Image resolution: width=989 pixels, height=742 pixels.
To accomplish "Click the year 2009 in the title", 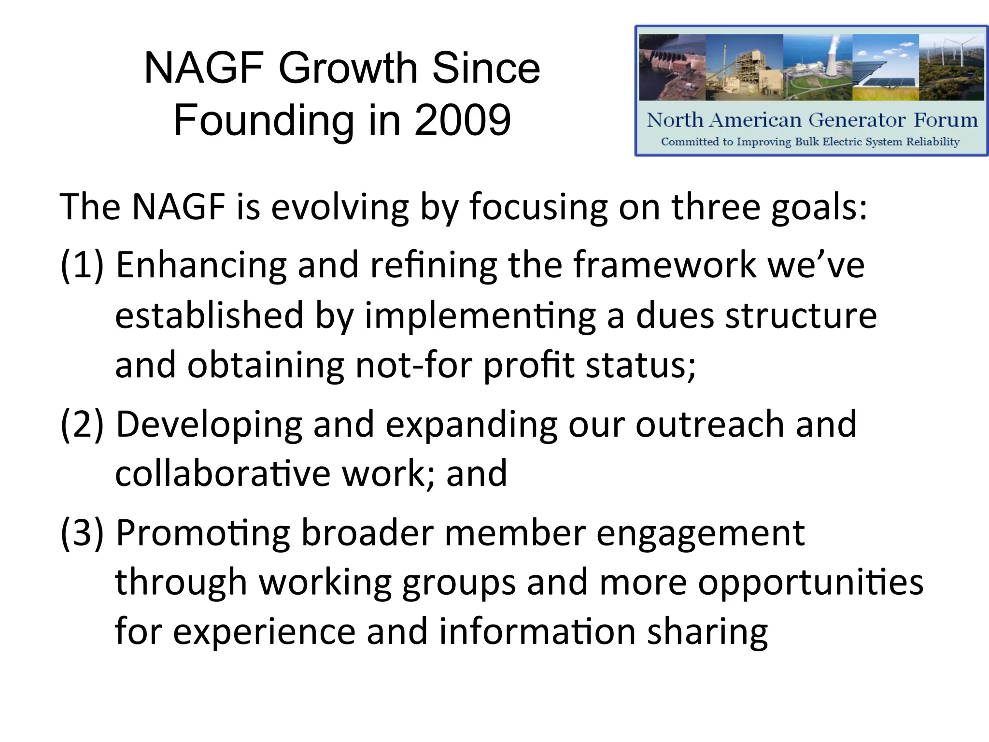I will (x=462, y=120).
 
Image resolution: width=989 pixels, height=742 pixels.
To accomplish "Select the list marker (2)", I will (x=82, y=424).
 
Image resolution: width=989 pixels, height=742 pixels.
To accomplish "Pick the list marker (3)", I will (x=82, y=533).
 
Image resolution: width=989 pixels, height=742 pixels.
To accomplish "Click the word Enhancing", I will (x=201, y=266).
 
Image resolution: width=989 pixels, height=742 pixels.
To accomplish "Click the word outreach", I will (x=710, y=424).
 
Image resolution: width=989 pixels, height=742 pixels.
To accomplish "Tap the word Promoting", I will (x=203, y=534).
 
